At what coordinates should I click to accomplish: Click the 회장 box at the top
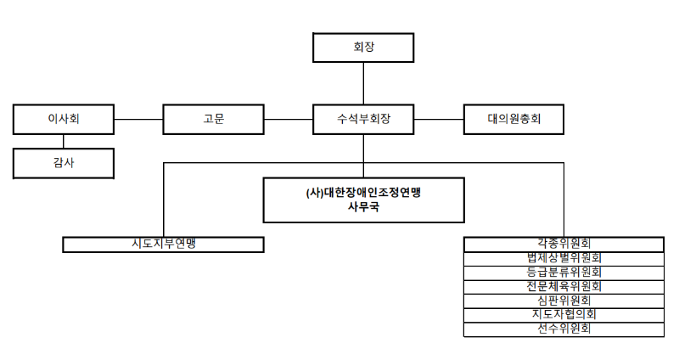click(363, 48)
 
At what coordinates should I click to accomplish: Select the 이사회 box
click(64, 119)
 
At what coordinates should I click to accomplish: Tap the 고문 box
click(213, 119)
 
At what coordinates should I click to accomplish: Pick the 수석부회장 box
click(363, 119)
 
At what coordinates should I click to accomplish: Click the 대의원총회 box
click(513, 119)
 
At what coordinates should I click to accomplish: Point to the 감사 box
click(64, 162)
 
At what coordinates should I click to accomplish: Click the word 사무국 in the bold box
click(363, 206)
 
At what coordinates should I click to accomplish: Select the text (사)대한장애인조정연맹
click(363, 192)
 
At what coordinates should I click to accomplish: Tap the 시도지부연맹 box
click(164, 245)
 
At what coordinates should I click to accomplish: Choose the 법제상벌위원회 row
click(564, 258)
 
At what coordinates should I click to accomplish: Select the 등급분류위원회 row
click(564, 273)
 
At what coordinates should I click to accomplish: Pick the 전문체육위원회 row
click(564, 286)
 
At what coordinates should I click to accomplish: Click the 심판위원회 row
click(564, 301)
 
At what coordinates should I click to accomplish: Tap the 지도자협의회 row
click(564, 314)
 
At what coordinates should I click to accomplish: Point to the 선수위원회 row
click(564, 329)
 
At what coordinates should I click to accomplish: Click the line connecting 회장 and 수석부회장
click(363, 83)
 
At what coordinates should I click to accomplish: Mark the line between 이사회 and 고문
click(138, 119)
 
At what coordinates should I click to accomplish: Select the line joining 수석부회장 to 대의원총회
click(438, 119)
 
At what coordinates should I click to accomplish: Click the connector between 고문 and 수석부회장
click(289, 119)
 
